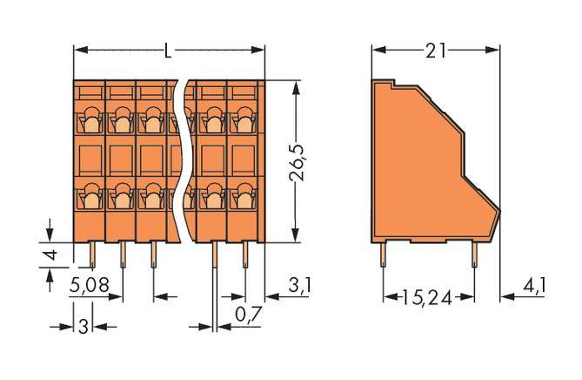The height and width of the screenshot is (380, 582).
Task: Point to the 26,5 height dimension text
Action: tap(299, 162)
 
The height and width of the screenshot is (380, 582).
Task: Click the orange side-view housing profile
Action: tap(426, 166)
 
